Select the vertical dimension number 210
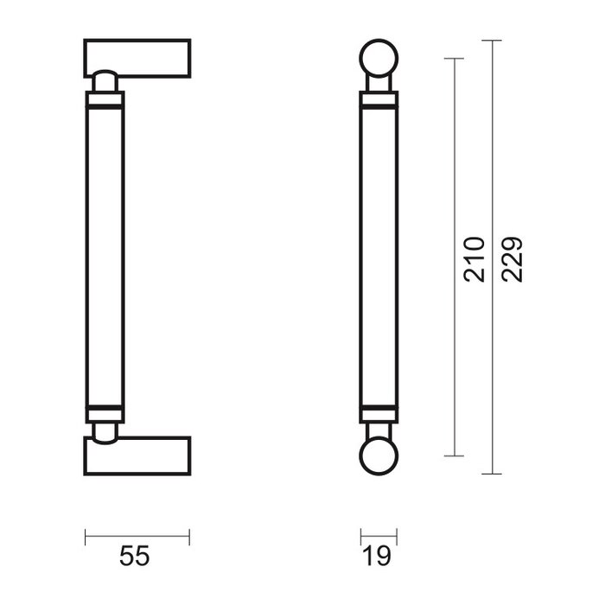[x=474, y=258]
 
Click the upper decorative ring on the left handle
[x=104, y=103]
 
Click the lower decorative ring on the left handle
[x=104, y=407]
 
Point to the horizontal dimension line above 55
[x=137, y=537]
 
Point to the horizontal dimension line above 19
[x=379, y=537]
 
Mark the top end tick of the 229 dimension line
[x=491, y=41]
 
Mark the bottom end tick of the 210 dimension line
[x=454, y=455]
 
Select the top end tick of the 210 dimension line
[x=454, y=58]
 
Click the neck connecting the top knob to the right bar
[x=379, y=86]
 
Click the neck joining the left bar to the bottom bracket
[x=104, y=430]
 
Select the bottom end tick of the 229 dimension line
[x=491, y=474]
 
